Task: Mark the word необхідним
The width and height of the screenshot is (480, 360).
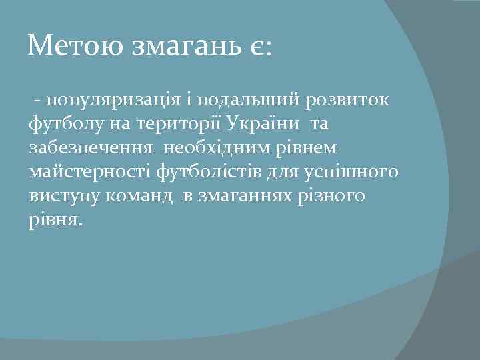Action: click(221, 149)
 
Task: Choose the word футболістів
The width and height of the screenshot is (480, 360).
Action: click(204, 173)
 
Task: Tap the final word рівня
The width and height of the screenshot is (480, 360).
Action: click(54, 221)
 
